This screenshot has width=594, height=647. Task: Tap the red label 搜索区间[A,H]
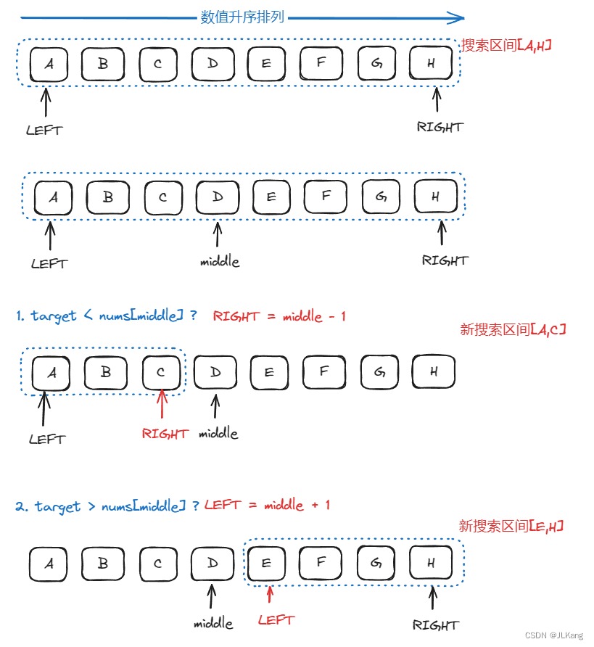(506, 45)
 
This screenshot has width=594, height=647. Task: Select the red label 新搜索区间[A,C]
(512, 329)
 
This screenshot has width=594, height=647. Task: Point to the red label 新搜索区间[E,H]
(511, 526)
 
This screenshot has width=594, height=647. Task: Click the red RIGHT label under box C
(165, 434)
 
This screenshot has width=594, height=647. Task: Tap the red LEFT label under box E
(276, 620)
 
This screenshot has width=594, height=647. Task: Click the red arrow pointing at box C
(162, 406)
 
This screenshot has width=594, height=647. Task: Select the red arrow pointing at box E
(269, 595)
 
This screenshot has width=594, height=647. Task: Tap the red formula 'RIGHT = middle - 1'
(279, 316)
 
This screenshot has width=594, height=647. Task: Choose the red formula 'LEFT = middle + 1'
(267, 505)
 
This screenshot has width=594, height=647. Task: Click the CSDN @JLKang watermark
(554, 635)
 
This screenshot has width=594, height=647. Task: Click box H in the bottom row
(431, 563)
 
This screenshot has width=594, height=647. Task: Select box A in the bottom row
(49, 564)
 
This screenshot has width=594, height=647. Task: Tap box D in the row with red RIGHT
(215, 373)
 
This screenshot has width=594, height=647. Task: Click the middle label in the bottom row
(213, 623)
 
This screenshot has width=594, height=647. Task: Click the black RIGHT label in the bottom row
(435, 625)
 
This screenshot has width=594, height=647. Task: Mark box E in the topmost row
(266, 63)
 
